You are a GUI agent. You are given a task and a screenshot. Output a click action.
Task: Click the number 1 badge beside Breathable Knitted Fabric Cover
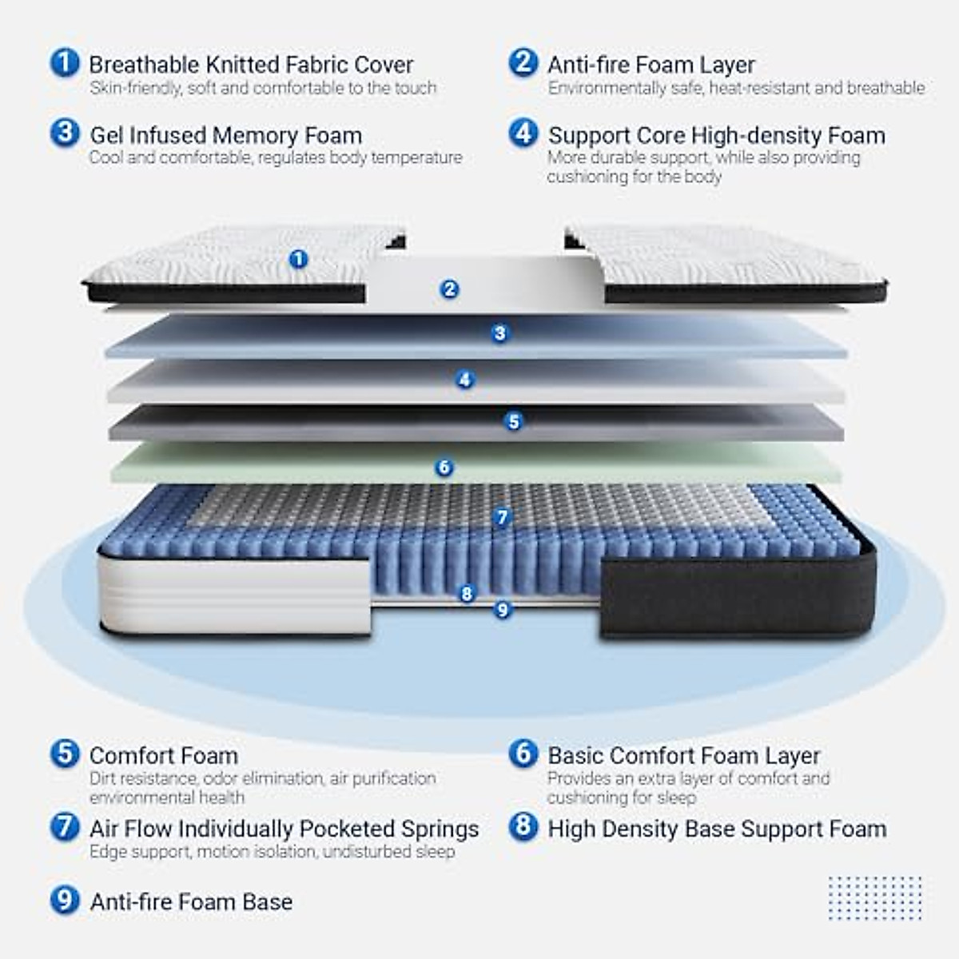pyautogui.click(x=64, y=62)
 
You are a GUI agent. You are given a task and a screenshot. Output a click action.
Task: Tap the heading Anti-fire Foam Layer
pyautogui.click(x=651, y=65)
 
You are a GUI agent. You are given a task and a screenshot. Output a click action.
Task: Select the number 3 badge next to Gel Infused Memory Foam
pyautogui.click(x=64, y=133)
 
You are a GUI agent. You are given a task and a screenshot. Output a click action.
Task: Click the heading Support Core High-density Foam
pyautogui.click(x=716, y=135)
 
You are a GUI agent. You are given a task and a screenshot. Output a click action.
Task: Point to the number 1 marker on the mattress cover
pyautogui.click(x=298, y=259)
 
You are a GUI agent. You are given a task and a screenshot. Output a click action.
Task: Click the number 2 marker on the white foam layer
pyautogui.click(x=449, y=289)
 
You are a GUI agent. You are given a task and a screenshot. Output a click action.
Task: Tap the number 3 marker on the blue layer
pyautogui.click(x=500, y=333)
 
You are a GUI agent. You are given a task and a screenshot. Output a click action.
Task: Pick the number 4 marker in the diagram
pyautogui.click(x=465, y=380)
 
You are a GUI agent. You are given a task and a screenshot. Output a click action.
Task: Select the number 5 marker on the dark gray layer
pyautogui.click(x=514, y=421)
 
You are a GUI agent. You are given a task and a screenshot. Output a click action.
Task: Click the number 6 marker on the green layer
pyautogui.click(x=444, y=468)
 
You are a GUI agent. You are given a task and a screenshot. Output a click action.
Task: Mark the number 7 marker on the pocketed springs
pyautogui.click(x=502, y=517)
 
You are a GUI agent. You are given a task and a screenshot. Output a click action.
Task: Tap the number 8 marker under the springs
pyautogui.click(x=467, y=593)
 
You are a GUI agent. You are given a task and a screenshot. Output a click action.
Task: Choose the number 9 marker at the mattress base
pyautogui.click(x=502, y=610)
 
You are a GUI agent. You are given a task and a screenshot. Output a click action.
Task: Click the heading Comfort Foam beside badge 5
pyautogui.click(x=163, y=755)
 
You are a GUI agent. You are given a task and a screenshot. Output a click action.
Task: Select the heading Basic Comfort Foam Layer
pyautogui.click(x=683, y=755)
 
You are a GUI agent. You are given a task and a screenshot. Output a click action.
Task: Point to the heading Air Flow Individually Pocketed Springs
pyautogui.click(x=284, y=829)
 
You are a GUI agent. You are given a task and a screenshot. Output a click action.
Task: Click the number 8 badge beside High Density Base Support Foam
pyautogui.click(x=523, y=826)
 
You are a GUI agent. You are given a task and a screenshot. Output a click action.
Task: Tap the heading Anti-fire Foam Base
pyautogui.click(x=191, y=901)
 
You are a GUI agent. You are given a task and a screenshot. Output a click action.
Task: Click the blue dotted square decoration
pyautogui.click(x=874, y=897)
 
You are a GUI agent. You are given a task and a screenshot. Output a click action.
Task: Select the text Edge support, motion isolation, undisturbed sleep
pyautogui.click(x=272, y=852)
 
